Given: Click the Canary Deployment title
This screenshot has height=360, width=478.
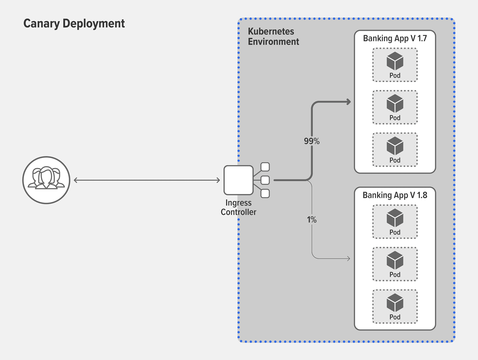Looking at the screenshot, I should click(74, 24).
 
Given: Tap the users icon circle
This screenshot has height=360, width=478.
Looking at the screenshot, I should click(46, 180).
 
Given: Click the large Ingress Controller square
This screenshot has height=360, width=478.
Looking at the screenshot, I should click(238, 180).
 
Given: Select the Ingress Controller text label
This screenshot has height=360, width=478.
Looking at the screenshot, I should click(238, 207).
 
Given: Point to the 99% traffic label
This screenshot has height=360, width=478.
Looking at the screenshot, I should click(312, 141).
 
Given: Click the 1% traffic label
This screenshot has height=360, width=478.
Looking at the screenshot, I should click(312, 220).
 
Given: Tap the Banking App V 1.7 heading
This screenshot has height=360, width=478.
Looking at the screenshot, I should click(395, 39).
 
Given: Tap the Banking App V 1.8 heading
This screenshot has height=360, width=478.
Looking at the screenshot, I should click(395, 195).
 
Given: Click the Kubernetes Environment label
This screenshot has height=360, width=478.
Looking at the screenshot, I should click(273, 36).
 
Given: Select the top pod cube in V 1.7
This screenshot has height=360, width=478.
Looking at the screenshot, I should click(395, 61).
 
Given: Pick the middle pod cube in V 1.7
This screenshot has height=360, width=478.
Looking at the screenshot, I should click(395, 103).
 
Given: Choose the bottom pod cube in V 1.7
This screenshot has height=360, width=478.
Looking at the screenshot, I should click(395, 146).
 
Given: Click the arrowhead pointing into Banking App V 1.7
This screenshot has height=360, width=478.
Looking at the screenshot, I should click(349, 102).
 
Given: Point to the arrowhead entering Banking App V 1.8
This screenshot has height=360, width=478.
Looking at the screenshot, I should click(349, 259).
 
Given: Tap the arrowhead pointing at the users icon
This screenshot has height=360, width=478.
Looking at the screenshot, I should click(76, 180).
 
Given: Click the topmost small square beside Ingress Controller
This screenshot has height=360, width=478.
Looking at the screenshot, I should click(265, 167).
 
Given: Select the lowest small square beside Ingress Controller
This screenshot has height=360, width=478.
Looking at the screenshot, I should click(265, 193).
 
